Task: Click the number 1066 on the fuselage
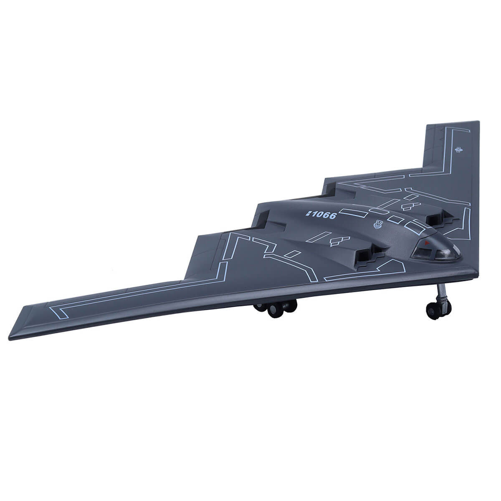pos(324,215)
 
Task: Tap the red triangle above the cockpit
pos(426,243)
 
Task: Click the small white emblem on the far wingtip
pos(459,149)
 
